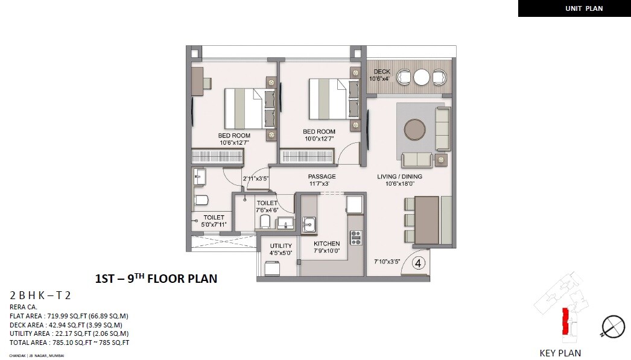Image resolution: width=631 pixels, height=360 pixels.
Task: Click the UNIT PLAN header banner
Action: [x=574, y=8]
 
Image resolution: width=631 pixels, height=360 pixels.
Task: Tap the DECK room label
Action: [x=381, y=72]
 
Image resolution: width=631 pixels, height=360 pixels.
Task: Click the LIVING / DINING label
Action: [x=399, y=177]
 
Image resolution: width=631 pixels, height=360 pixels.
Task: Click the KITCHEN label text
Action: [x=326, y=244]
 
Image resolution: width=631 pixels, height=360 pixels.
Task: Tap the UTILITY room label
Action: [x=281, y=245]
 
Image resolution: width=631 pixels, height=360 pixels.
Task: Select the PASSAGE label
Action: [x=322, y=177]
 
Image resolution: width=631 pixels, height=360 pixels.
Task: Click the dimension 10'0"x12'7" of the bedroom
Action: [x=319, y=139]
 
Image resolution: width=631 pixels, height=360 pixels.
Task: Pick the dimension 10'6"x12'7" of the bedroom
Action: [x=234, y=143]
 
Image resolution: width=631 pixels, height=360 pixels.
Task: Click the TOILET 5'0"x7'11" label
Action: [x=214, y=221]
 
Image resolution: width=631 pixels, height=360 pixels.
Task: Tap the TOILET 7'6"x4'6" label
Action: [x=267, y=207]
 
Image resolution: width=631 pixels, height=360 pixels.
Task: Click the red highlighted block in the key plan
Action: [x=565, y=321]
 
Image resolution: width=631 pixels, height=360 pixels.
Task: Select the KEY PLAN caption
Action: [x=560, y=353]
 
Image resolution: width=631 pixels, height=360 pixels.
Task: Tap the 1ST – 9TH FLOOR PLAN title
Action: [x=156, y=279]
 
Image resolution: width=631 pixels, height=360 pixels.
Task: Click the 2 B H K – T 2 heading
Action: [x=40, y=295]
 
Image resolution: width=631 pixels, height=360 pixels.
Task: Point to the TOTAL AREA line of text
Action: [x=69, y=343]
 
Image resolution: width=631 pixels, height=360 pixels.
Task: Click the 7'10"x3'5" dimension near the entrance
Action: [x=387, y=261]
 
